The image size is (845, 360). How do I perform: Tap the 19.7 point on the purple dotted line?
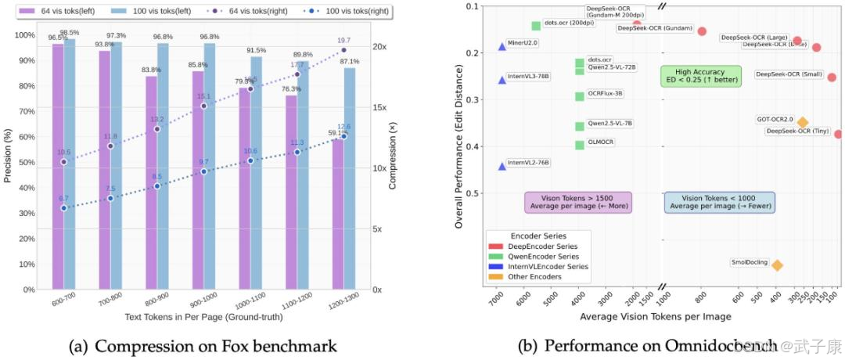(x=343, y=50)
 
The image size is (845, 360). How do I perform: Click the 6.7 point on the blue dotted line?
(x=64, y=208)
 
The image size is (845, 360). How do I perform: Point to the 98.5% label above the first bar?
(x=70, y=32)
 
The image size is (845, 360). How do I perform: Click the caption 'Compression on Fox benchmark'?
(x=203, y=344)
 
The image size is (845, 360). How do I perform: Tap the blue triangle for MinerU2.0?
(x=502, y=47)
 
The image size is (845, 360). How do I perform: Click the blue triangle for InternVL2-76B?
(x=502, y=167)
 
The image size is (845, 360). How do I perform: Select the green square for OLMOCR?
(x=580, y=145)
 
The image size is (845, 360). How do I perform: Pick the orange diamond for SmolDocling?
(x=777, y=265)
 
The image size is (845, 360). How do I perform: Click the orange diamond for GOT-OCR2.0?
(x=803, y=122)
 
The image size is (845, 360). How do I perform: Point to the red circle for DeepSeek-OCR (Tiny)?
(x=838, y=135)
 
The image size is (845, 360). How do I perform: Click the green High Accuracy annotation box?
(x=690, y=76)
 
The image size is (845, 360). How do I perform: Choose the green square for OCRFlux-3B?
(x=580, y=97)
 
